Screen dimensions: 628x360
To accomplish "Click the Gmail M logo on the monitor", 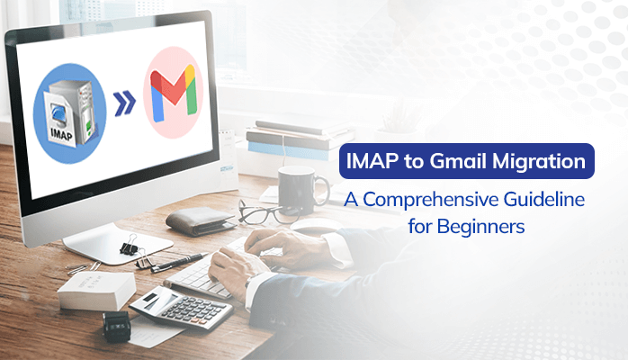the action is [x=174, y=93].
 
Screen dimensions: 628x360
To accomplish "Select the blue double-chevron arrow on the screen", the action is [x=124, y=103].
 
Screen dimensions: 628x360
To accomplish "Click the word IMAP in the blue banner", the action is [x=372, y=161].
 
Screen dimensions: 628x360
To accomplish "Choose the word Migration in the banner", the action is [x=539, y=162].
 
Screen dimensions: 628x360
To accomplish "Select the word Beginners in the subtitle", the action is [x=480, y=227].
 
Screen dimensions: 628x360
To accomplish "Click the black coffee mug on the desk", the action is [x=300, y=190].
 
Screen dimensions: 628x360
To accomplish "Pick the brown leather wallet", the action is [x=201, y=220].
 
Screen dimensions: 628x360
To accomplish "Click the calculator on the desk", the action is [x=182, y=308].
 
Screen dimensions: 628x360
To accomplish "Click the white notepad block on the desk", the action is [x=96, y=291].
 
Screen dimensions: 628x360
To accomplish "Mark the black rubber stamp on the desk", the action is [x=117, y=327].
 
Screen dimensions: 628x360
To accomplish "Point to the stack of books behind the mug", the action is [x=300, y=139].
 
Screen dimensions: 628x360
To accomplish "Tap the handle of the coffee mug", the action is [x=323, y=188].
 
